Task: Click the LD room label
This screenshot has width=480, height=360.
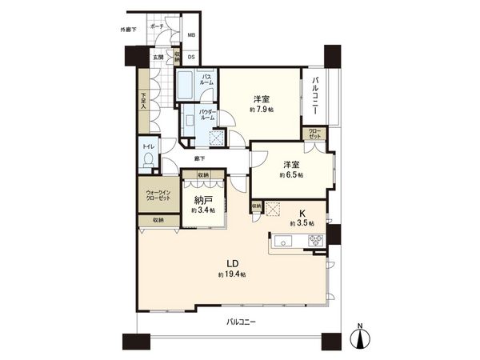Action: [x=230, y=264]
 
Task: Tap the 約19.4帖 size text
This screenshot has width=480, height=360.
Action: [x=230, y=275]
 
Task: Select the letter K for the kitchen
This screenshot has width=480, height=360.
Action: [x=302, y=214]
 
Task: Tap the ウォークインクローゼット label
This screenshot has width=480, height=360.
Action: [x=158, y=197]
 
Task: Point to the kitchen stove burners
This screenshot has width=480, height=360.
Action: [x=313, y=241]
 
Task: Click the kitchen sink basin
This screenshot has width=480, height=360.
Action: [x=285, y=241]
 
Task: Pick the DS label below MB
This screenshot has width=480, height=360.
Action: [x=191, y=58]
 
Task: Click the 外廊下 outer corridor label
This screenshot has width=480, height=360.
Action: [x=122, y=31]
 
